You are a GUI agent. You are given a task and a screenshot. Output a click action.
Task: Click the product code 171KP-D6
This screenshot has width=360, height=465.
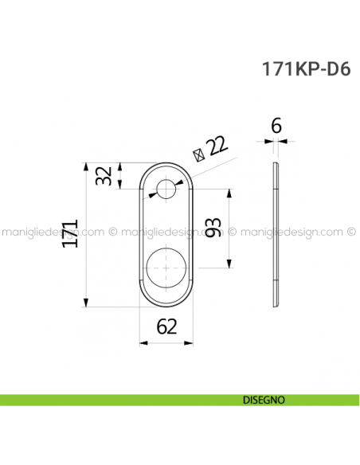coord(305,68)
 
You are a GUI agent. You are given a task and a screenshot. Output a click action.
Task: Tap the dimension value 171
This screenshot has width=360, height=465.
coord(72,235)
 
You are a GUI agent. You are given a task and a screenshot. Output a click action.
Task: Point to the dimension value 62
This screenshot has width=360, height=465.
coord(166,326)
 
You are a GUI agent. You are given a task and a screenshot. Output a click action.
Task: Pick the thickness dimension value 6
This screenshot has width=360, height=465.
coord(275,125)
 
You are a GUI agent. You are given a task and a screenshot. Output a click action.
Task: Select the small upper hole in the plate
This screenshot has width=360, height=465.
coord(166,190)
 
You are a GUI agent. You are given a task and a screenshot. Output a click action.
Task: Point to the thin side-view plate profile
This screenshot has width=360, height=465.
coord(276,235)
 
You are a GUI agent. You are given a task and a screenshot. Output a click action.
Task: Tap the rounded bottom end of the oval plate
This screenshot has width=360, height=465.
coord(166,303)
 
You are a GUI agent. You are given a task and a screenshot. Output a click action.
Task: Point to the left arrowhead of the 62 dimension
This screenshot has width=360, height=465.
coord(143,343)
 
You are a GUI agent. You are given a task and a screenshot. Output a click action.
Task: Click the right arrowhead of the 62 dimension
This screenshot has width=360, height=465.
coord(190,343)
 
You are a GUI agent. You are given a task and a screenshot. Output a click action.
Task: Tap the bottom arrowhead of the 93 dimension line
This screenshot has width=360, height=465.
coord(229,264)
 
